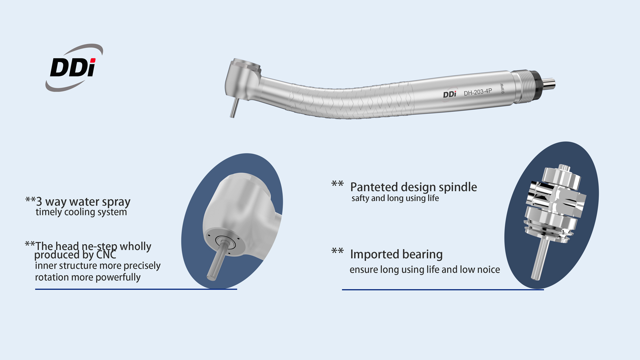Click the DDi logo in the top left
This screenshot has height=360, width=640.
pyautogui.click(x=74, y=68)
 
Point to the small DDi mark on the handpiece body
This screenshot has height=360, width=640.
pyautogui.click(x=450, y=94)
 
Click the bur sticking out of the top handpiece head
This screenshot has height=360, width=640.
pyautogui.click(x=234, y=107)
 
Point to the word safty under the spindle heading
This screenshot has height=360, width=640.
pyautogui.click(x=360, y=198)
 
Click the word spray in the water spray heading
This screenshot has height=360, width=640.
pyautogui.click(x=116, y=202)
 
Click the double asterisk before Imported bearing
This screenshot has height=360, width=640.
pyautogui.click(x=337, y=251)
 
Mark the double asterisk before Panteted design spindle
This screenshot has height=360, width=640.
pyautogui.click(x=337, y=184)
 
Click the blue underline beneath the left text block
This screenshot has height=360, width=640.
pyautogui.click(x=136, y=289)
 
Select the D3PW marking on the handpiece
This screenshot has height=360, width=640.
pyautogui.click(x=502, y=88)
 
